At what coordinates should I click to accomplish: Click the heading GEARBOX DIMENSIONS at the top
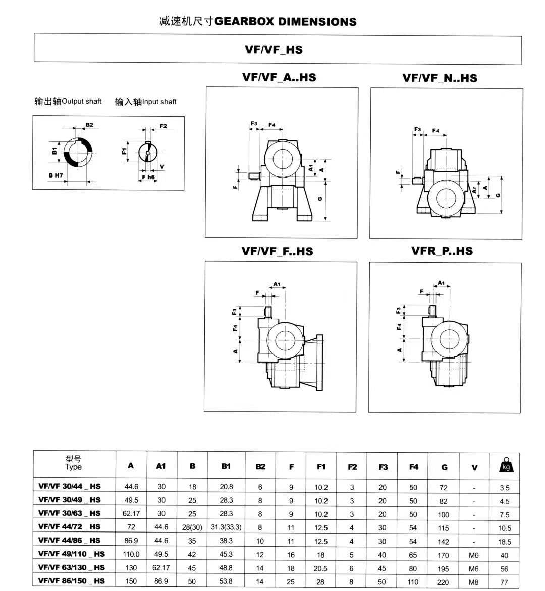coord(286,22)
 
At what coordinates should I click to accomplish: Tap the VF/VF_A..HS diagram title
coord(279,77)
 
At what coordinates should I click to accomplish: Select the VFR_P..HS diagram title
coord(442,251)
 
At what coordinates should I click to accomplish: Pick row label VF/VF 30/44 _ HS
coord(70,487)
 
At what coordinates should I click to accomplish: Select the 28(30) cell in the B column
coord(192,527)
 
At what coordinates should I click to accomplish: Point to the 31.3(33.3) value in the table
coord(226,527)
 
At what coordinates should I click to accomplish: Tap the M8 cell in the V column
coord(473,582)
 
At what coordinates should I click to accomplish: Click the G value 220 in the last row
coord(443,582)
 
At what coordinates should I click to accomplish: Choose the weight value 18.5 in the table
coord(505,542)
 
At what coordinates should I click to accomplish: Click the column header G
coord(444,467)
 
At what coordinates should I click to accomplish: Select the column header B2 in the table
coord(260,467)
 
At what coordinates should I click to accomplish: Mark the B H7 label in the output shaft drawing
coord(56,175)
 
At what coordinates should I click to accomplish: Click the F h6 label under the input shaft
coord(148,177)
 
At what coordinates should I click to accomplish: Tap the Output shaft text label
coord(81,101)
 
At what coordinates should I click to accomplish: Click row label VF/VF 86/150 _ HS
coord(72,581)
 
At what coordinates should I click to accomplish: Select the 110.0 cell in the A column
coord(131,555)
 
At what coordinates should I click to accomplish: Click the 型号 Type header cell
coord(74,463)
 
